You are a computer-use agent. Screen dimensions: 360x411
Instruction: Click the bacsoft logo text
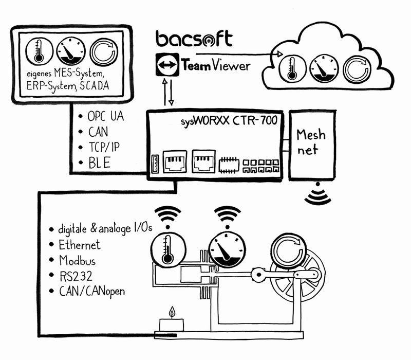coord(194,40)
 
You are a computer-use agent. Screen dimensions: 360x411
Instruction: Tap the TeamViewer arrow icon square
coord(167,66)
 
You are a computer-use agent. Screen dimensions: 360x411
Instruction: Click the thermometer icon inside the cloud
coord(292,68)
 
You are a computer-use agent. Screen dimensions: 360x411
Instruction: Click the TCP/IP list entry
coord(103,148)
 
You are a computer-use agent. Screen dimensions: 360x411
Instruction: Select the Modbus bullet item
coord(77,260)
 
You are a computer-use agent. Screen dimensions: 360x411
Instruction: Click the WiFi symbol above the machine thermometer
coord(168,216)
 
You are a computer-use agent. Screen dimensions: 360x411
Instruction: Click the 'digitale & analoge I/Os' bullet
coord(97,229)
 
